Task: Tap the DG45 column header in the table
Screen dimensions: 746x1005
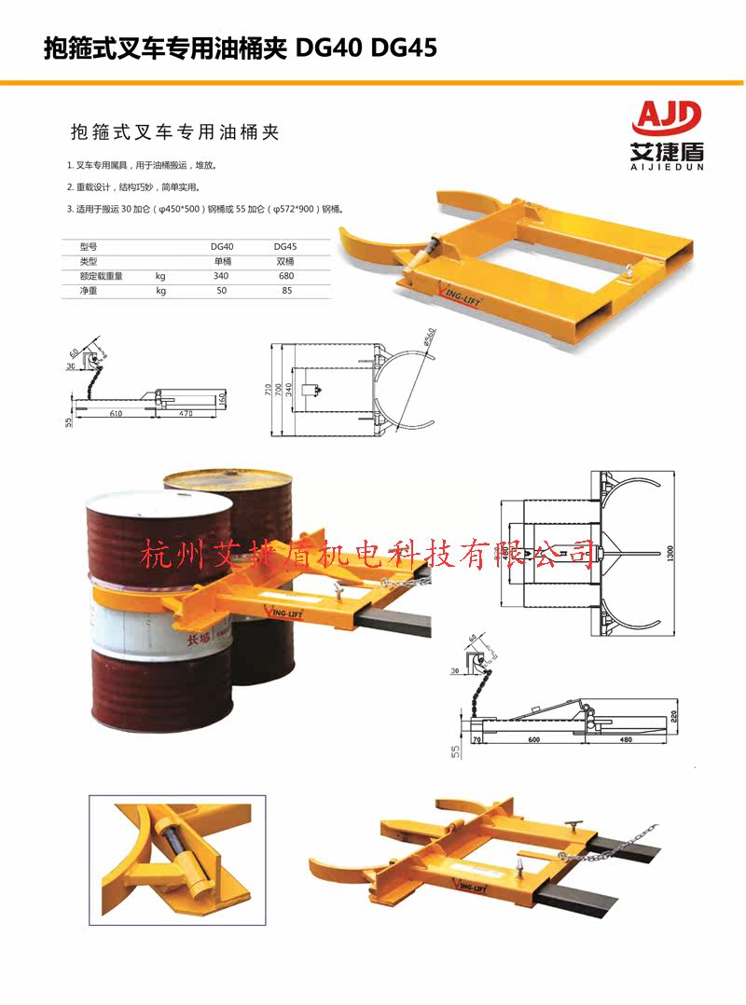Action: point(284,247)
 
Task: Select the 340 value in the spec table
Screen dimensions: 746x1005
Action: point(221,276)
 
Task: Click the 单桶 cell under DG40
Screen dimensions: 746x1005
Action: point(221,262)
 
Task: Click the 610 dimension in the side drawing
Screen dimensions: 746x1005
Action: point(116,411)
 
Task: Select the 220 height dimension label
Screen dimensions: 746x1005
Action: point(672,720)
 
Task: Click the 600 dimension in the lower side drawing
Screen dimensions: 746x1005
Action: point(532,740)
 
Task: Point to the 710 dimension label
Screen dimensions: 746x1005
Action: point(268,388)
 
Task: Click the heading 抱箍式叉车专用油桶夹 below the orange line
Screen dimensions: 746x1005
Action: point(174,132)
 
